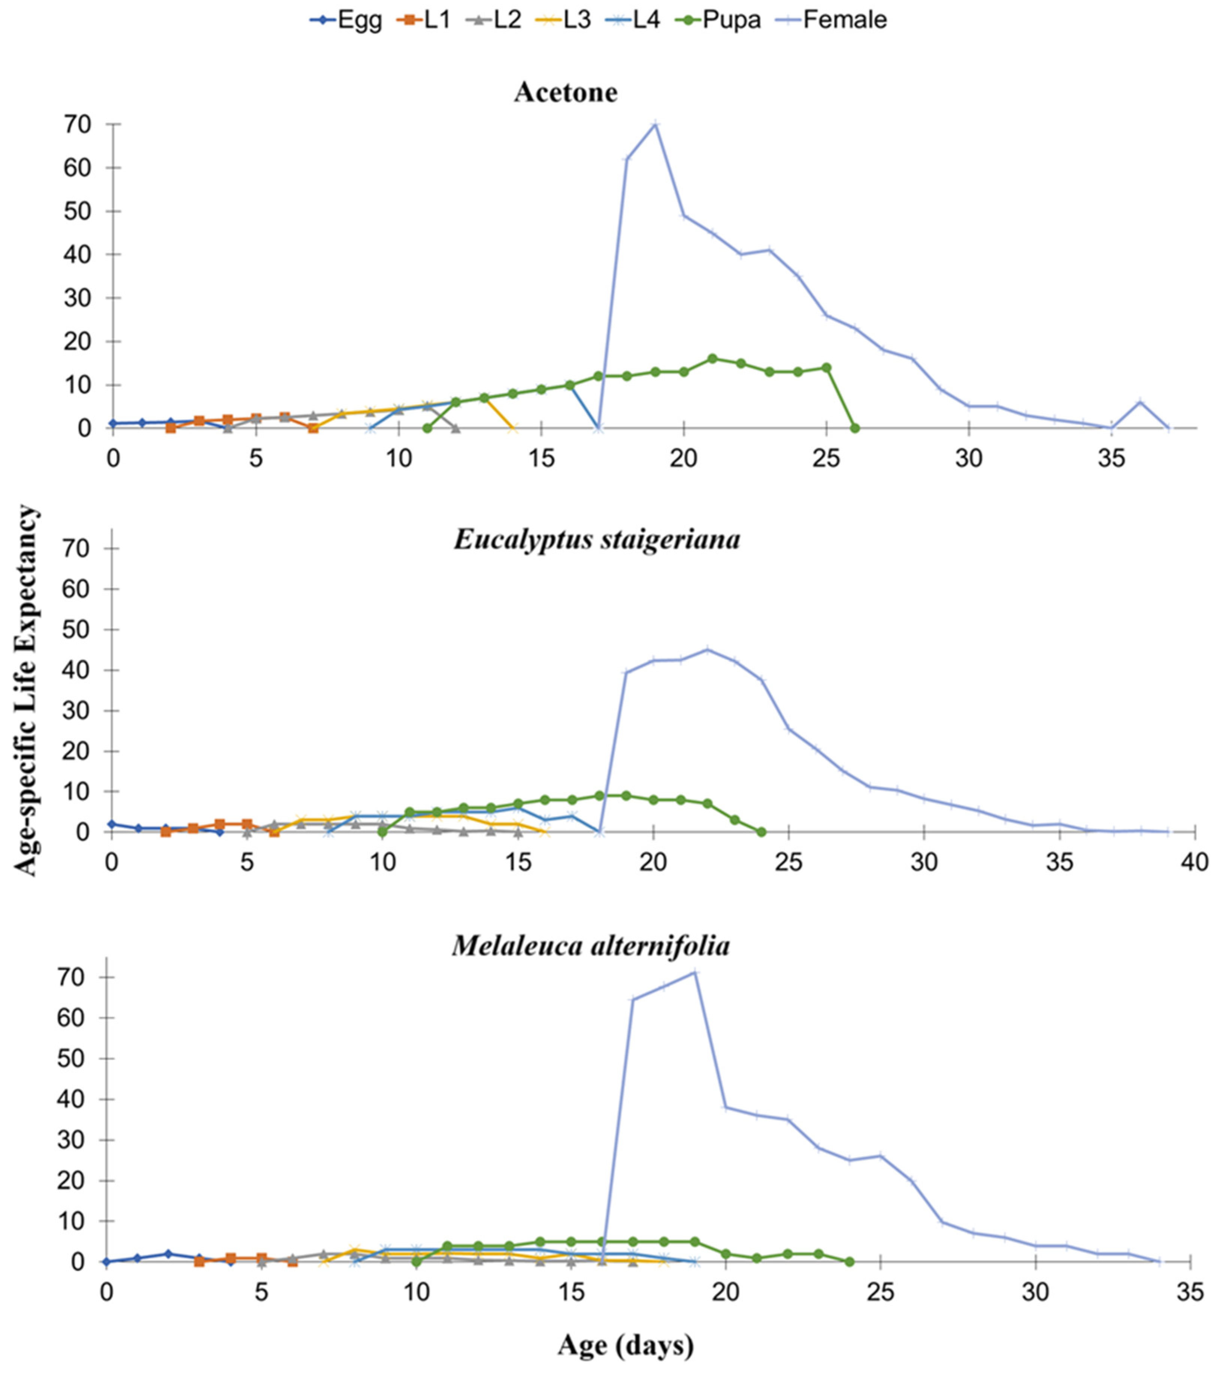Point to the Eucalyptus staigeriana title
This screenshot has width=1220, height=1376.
596,539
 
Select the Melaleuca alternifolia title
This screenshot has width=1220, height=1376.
590,946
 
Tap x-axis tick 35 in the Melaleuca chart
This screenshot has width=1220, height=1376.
1190,1292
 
